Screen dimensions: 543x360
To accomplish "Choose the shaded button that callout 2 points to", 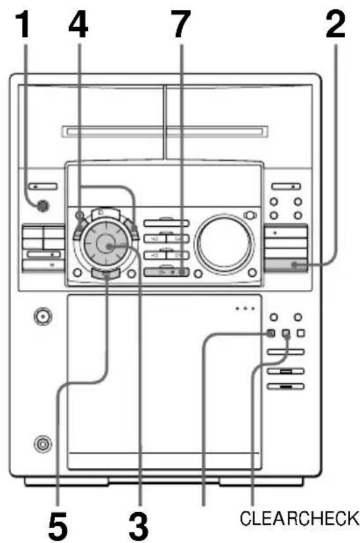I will (x=286, y=265).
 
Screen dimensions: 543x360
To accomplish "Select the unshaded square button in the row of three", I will (x=301, y=333).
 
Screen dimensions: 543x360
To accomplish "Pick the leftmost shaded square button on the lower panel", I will (x=271, y=333).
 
